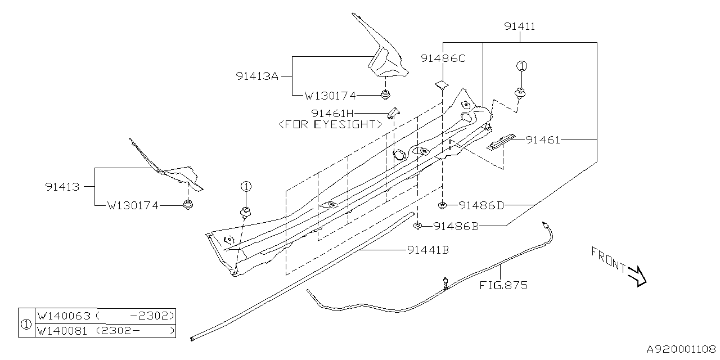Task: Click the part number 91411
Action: [519, 26]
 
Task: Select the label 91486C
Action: [443, 58]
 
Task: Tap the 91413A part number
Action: [257, 76]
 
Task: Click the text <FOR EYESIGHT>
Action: [331, 124]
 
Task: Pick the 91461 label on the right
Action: [543, 140]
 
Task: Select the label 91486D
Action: [481, 205]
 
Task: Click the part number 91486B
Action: [456, 226]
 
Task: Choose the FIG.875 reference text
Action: [503, 285]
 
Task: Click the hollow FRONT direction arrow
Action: [637, 276]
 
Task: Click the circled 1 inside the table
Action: [26, 323]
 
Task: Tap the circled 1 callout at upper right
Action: [521, 66]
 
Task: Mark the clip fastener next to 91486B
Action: [418, 226]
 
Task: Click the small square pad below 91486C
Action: [442, 85]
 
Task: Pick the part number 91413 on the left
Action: [62, 186]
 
